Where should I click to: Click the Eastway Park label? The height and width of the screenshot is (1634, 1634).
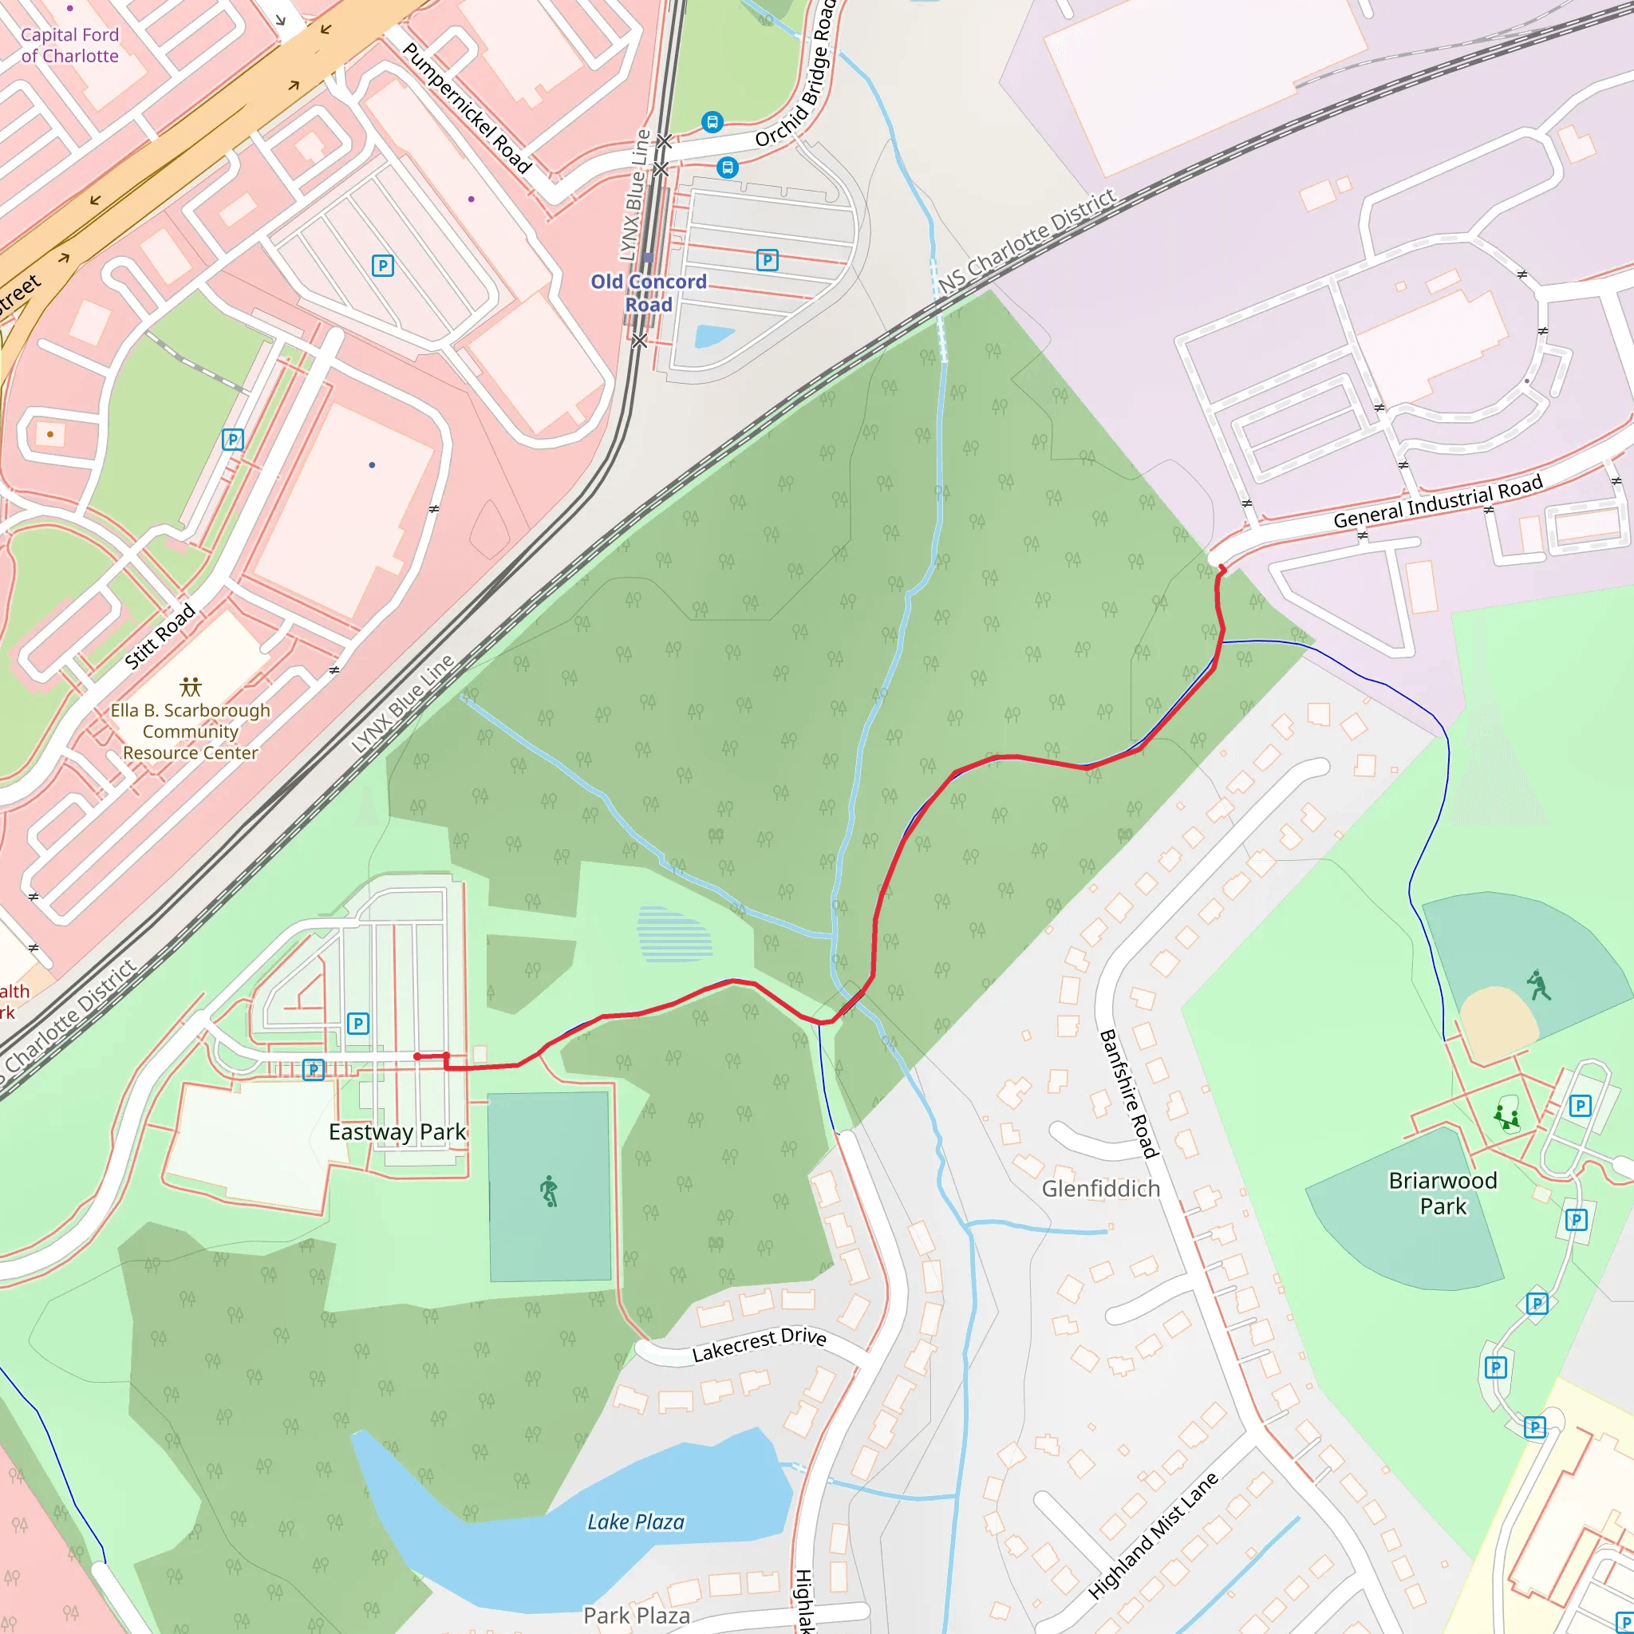click(397, 1131)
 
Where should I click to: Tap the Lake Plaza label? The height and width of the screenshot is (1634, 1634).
click(635, 1522)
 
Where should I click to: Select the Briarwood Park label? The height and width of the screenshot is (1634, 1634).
click(1442, 1193)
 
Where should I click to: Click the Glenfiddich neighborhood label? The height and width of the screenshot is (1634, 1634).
click(1100, 1188)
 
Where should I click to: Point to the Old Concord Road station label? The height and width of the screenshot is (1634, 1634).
click(648, 293)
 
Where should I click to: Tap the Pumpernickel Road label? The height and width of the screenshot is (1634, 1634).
click(467, 109)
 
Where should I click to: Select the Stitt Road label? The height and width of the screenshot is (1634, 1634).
click(160, 637)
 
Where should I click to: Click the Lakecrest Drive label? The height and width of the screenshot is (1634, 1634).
click(759, 1344)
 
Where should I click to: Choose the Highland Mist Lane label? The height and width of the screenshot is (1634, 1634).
click(1153, 1536)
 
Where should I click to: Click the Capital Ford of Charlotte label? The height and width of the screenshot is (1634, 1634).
click(69, 45)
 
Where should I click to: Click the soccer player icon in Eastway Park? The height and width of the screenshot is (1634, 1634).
click(549, 1191)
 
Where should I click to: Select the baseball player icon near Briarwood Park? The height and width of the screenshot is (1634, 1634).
click(1538, 985)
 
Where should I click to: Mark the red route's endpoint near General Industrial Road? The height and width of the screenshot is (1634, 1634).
click(1221, 568)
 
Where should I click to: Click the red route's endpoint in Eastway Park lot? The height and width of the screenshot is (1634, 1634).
click(417, 1056)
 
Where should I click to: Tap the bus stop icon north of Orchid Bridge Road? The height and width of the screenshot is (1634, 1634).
click(712, 123)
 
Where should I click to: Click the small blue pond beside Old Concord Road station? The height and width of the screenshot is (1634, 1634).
click(713, 337)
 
